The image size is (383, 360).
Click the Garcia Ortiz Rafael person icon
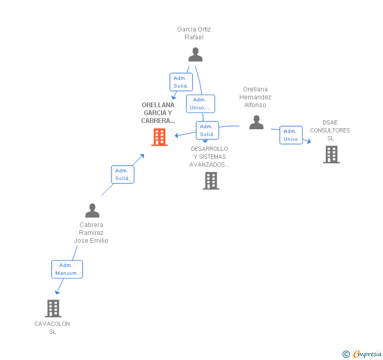point(195,55)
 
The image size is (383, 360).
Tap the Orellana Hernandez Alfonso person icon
point(256,122)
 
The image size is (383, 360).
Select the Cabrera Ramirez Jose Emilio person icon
point(92,211)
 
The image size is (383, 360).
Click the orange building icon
point(159,137)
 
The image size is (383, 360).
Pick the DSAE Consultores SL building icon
point(331,155)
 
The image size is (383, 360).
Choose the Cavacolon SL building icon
point(53,308)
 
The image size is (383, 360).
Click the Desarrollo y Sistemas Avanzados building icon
point(210,180)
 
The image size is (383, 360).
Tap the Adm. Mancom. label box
point(67,269)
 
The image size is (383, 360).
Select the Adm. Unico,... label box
point(200,104)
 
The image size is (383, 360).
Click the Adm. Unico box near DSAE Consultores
point(290,135)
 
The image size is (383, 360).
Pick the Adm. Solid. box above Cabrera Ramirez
point(123,174)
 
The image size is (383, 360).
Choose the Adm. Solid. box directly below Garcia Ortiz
point(180,82)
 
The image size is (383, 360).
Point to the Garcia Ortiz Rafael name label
point(194,33)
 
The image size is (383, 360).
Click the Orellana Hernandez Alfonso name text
point(255,97)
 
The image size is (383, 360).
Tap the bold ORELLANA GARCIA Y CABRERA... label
point(158,113)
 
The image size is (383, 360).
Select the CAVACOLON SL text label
point(52,327)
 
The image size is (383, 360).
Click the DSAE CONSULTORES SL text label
point(330,130)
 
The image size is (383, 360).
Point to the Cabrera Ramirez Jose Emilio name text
point(91,233)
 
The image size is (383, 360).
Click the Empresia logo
point(362,354)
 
